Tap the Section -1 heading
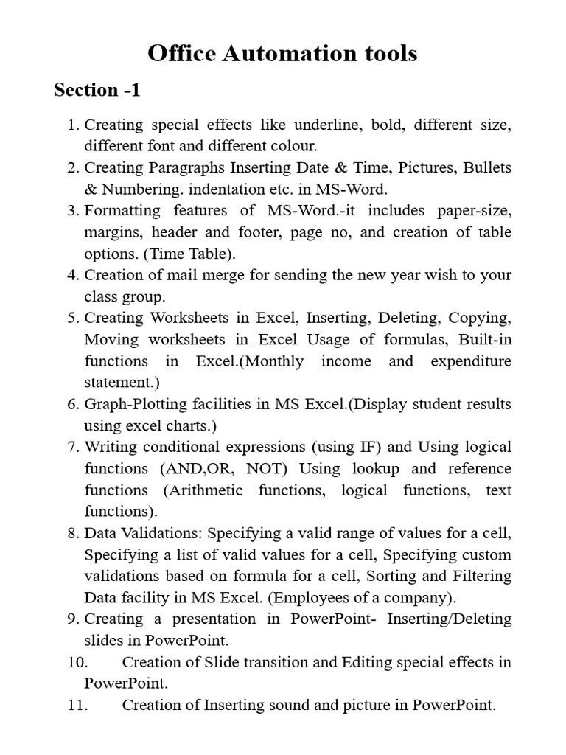(x=97, y=90)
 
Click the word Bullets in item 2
(x=487, y=167)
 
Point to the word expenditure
(x=471, y=361)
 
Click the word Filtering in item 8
(x=480, y=576)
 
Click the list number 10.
(x=77, y=662)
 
